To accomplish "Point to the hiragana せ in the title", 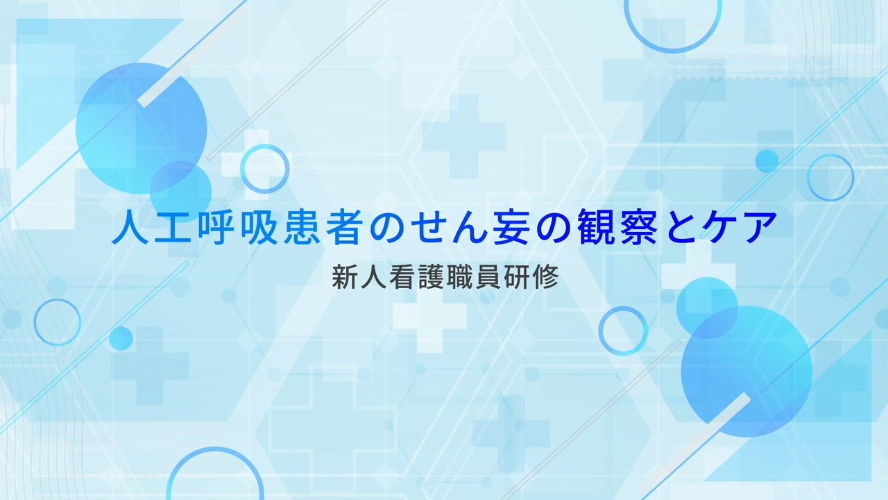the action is (428, 227).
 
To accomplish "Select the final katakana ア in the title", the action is (761, 227).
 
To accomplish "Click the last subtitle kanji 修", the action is (545, 277).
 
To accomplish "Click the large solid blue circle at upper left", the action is (141, 128).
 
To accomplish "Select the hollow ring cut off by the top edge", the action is (673, 50).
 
